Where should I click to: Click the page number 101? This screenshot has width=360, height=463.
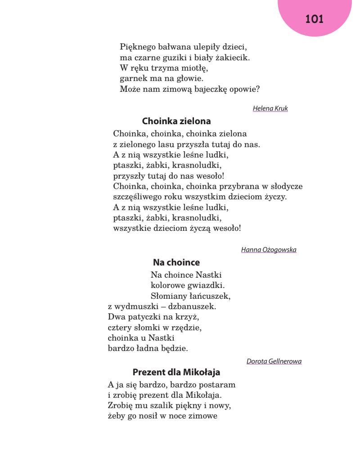click(315, 19)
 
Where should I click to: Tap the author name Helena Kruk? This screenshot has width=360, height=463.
click(270, 108)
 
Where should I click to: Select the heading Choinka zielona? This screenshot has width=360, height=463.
click(176, 121)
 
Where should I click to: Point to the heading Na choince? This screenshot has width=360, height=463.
click(176, 262)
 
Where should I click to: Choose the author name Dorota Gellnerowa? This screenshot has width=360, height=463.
click(274, 361)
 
